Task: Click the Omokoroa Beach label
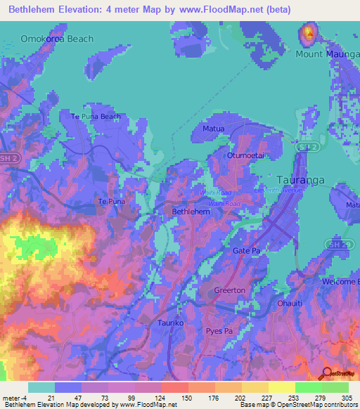pyautogui.click(x=57, y=39)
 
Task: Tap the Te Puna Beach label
pyautogui.click(x=96, y=117)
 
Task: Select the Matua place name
pyautogui.click(x=213, y=130)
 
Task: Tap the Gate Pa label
pyautogui.click(x=247, y=250)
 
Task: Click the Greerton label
pyautogui.click(x=230, y=290)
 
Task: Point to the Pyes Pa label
pyautogui.click(x=219, y=330)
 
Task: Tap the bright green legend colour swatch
pyautogui.click(x=308, y=387)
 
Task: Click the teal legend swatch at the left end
pyautogui.click(x=41, y=387)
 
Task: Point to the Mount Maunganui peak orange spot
pyautogui.click(x=308, y=32)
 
